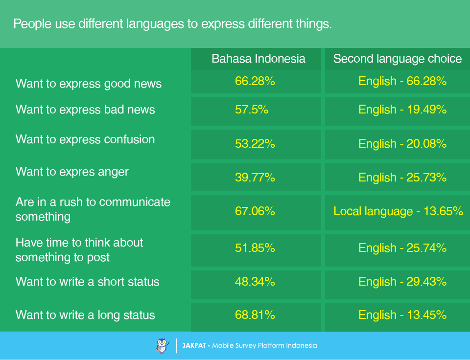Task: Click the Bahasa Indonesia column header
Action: tap(258, 59)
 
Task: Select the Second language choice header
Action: tap(398, 59)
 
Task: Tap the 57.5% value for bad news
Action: tap(252, 110)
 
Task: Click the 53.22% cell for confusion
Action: tap(255, 144)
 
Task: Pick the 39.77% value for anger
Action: tap(255, 177)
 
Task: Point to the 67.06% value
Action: tap(255, 211)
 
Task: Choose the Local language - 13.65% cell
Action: tap(399, 211)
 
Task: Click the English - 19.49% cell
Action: tap(402, 110)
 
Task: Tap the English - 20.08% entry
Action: tap(402, 144)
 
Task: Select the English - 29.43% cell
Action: tap(402, 282)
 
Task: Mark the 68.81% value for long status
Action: tap(255, 315)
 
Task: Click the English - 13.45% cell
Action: tap(402, 315)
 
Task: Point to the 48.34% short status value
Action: tap(255, 282)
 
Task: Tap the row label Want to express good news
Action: tap(89, 84)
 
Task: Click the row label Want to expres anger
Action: tap(72, 172)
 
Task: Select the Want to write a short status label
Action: tap(87, 282)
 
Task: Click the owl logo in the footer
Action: tap(163, 346)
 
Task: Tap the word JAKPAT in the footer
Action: tap(194, 346)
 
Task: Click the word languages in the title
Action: tap(155, 24)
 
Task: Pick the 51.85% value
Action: tap(255, 248)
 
